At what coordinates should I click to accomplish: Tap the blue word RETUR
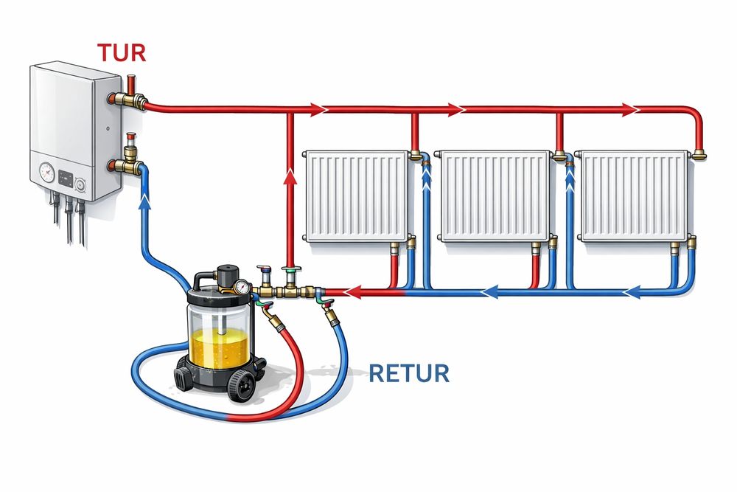(x=408, y=373)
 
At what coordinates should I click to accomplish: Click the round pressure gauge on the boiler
(x=47, y=173)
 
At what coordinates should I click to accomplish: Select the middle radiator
(x=495, y=195)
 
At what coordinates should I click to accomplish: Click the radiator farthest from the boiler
(x=634, y=195)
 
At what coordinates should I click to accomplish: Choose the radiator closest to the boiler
(x=357, y=195)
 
